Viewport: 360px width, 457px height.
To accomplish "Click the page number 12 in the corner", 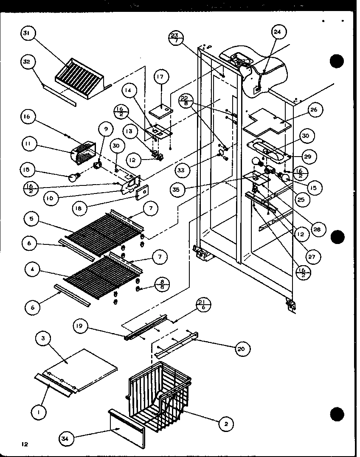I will [x=20, y=444].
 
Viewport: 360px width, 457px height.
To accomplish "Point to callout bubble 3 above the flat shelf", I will [x=44, y=339].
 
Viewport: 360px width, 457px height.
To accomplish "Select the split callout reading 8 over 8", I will [x=162, y=283].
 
